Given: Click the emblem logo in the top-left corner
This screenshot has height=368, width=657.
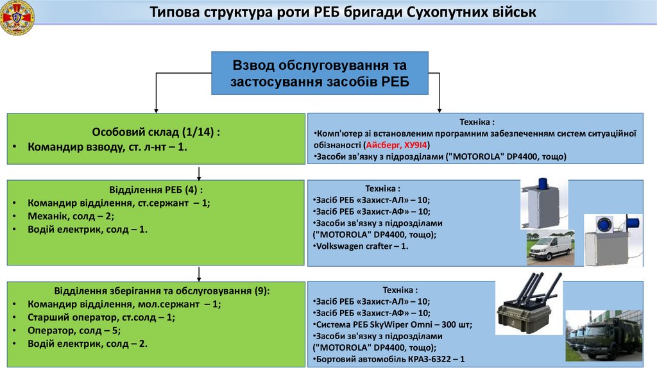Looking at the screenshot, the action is tap(17, 18).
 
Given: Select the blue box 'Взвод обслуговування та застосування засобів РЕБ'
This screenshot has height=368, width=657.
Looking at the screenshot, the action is tap(320, 74).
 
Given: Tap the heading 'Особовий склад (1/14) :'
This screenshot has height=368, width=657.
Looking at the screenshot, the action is tap(156, 132).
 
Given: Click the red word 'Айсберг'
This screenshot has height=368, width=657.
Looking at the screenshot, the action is tap(384, 145).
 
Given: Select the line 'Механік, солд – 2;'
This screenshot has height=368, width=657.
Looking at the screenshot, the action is tap(71, 215).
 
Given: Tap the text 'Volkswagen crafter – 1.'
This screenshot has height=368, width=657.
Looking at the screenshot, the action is tap(363, 246).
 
